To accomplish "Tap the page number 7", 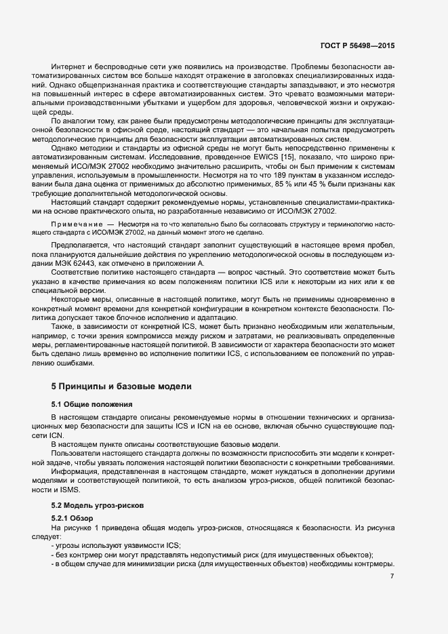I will point(392,576).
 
